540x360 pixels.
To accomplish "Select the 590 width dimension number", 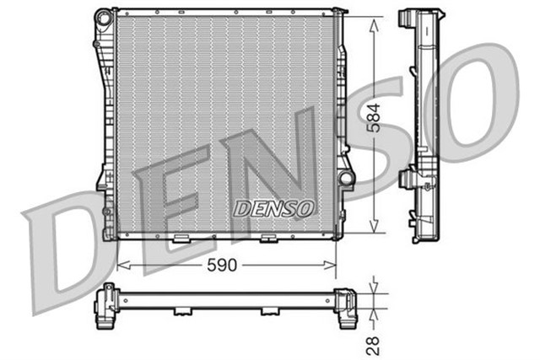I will pyautogui.click(x=224, y=265).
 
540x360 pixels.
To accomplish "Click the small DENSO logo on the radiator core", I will pyautogui.click(x=274, y=207).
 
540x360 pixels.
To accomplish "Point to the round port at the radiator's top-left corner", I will pyautogui.click(x=103, y=16).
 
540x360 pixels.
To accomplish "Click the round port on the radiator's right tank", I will pyautogui.click(x=346, y=179).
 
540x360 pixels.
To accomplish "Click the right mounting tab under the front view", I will pyautogui.click(x=269, y=239).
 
